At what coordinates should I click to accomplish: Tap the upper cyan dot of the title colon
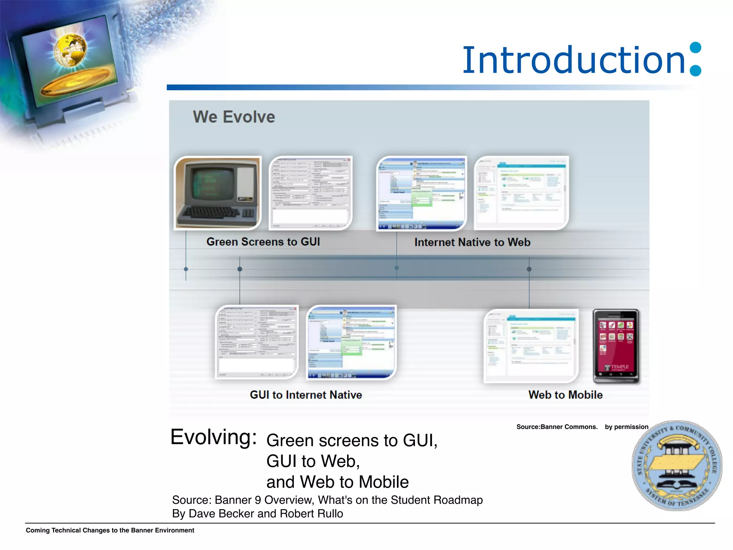click(695, 48)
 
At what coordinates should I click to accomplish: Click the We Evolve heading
click(234, 117)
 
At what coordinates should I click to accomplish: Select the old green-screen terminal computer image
click(218, 193)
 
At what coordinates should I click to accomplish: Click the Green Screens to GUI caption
click(263, 242)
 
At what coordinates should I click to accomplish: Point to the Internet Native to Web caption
click(472, 242)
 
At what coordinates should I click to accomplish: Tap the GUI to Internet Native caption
click(306, 395)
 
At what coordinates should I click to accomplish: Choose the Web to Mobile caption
click(565, 395)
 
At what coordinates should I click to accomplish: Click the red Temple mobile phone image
click(616, 346)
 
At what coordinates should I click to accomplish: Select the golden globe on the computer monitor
click(71, 50)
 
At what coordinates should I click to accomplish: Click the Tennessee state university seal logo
click(676, 465)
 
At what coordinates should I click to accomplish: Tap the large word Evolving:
click(214, 437)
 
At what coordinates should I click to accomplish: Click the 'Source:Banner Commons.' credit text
click(557, 427)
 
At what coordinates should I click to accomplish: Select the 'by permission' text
click(626, 427)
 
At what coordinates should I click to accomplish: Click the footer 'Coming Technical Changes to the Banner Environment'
click(110, 530)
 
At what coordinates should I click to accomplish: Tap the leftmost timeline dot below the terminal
click(186, 269)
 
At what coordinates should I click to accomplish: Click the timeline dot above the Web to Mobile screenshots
click(529, 269)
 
